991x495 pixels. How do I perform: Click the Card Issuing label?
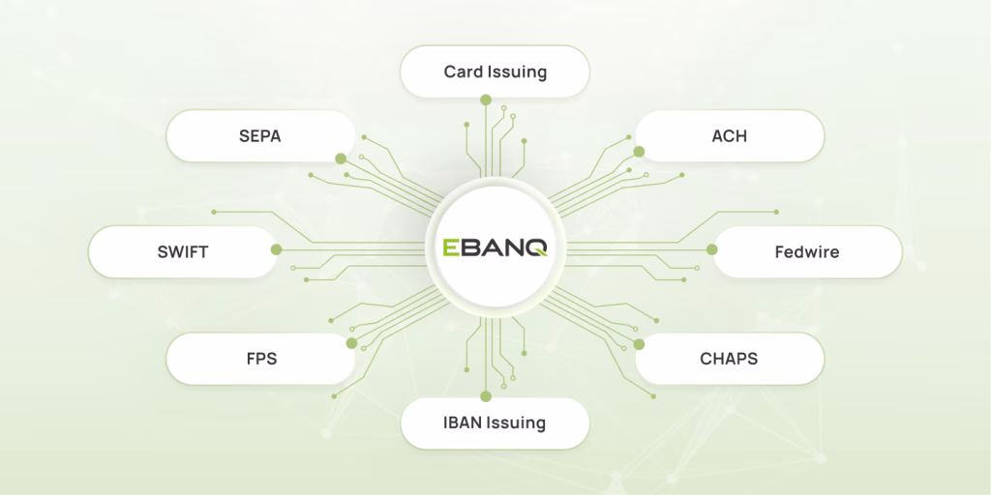click(495, 72)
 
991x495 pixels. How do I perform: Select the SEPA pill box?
click(259, 135)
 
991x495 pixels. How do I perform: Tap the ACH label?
click(730, 135)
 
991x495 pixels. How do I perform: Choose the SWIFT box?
click(183, 252)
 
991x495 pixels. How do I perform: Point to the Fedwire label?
click(807, 252)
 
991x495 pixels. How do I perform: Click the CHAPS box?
click(730, 359)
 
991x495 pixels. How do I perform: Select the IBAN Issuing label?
click(495, 422)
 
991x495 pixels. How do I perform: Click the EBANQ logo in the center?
click(495, 247)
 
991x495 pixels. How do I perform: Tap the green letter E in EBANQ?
click(451, 247)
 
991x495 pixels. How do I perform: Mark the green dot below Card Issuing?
click(486, 100)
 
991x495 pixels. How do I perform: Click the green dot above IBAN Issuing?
click(486, 396)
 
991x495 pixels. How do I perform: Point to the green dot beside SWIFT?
click(276, 249)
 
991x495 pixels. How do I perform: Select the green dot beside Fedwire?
click(712, 249)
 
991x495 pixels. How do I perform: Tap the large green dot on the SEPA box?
click(341, 159)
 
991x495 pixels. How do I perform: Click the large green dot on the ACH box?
click(639, 152)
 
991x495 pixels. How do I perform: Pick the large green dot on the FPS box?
click(351, 343)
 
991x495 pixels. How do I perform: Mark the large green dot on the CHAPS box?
click(639, 344)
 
